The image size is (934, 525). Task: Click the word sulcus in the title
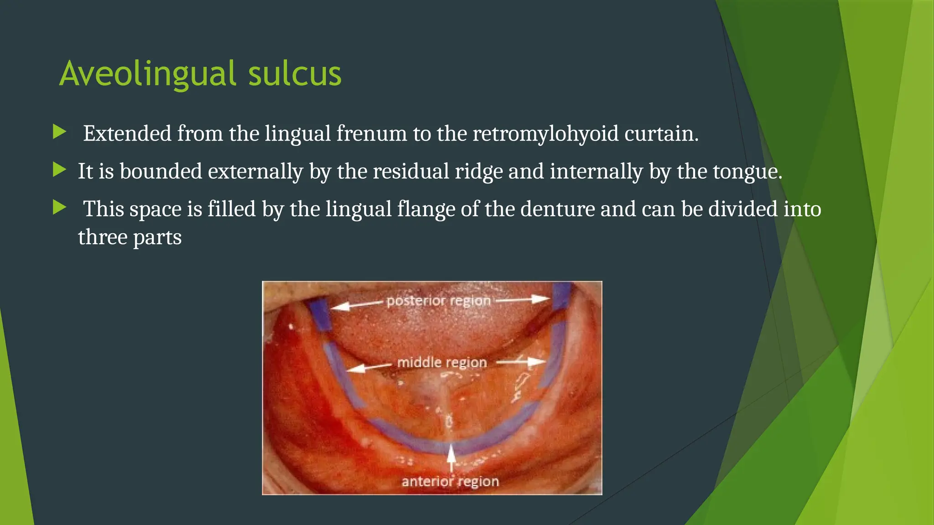tap(295, 74)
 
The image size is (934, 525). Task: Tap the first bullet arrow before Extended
tap(59, 133)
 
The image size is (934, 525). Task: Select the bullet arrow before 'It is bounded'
tap(59, 170)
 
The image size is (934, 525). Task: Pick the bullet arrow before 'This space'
tap(59, 208)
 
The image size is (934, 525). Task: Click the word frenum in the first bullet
tap(371, 134)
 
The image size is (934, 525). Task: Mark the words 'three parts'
tap(130, 237)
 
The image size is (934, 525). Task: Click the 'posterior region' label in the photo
tap(438, 301)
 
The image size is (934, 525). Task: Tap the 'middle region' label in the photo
tap(442, 363)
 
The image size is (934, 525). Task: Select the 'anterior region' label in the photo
tap(450, 481)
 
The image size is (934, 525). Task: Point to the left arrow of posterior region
tap(356, 304)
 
